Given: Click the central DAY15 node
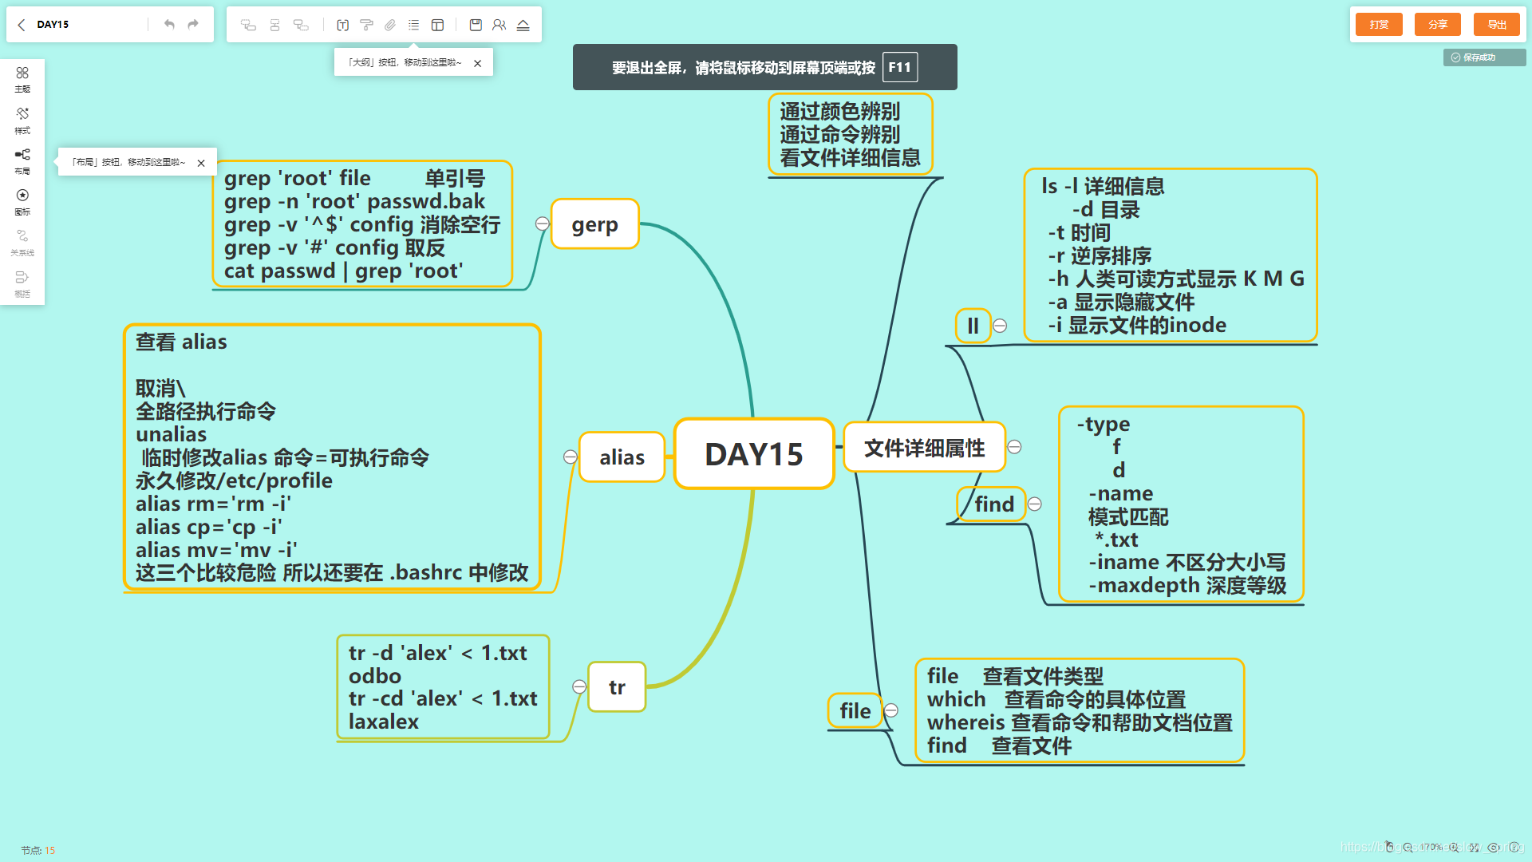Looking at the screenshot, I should [754, 453].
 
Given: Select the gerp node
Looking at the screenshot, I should [594, 224].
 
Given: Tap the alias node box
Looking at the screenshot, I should [622, 457].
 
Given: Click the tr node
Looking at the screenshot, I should [617, 687].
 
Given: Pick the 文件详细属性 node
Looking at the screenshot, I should [924, 448].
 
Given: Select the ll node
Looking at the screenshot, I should [973, 326].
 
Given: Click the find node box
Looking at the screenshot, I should [993, 504].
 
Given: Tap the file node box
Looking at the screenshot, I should [855, 710].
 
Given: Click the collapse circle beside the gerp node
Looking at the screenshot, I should [543, 224].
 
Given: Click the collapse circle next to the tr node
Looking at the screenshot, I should [579, 687].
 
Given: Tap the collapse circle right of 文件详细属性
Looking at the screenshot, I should [1014, 447].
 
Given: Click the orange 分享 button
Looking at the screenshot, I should [1437, 25].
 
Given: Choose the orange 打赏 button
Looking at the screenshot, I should [1379, 25].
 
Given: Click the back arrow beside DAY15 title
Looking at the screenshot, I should [22, 25].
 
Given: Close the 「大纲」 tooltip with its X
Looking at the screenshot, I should [477, 63].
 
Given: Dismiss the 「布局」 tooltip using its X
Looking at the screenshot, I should [201, 163].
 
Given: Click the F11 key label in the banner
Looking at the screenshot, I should [900, 68].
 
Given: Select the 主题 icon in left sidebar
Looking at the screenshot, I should [22, 78].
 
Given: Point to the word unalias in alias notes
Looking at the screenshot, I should [171, 434].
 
